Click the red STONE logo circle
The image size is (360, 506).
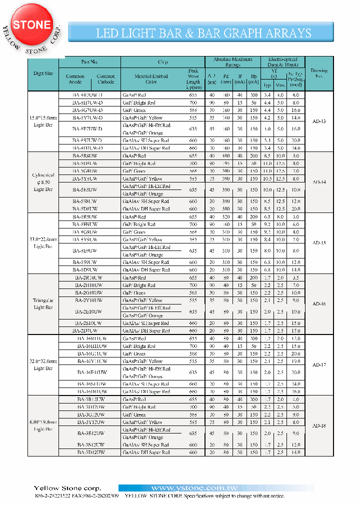coord(32,25)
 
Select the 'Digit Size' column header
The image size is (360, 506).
coord(43,73)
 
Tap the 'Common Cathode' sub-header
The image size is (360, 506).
coord(105,79)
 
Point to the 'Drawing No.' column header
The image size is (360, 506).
coord(319,73)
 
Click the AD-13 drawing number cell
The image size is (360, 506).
coord(319,121)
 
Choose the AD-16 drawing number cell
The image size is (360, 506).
coord(319,304)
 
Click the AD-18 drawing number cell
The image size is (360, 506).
coord(319,426)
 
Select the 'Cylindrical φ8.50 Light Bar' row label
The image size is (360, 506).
coord(43,182)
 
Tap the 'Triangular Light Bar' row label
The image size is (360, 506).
coord(43,304)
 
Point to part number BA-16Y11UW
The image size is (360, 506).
coord(90,361)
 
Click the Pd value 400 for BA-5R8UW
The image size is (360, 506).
coord(226,156)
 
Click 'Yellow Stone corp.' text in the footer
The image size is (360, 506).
coord(67,488)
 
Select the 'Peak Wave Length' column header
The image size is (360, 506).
coord(193,76)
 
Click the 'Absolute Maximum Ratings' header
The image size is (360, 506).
coord(232,61)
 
